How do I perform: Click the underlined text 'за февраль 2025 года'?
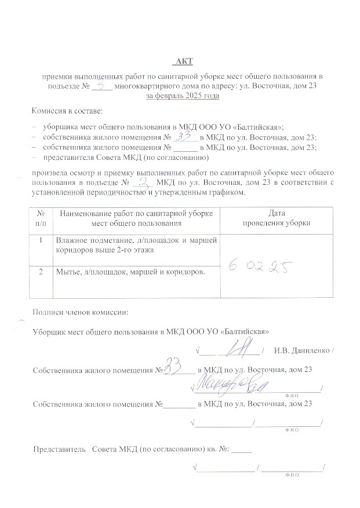click(x=182, y=95)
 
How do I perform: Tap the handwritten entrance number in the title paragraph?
click(x=102, y=85)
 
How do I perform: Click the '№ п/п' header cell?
click(x=41, y=218)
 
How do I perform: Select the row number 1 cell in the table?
click(x=41, y=240)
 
